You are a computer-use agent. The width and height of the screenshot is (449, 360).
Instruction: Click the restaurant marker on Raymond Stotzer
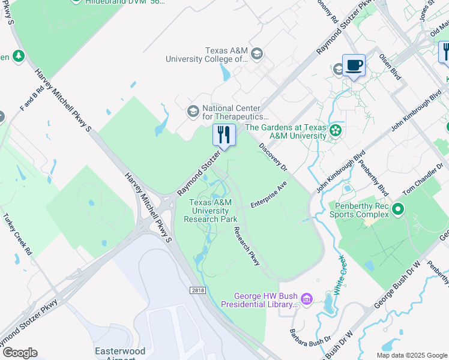[x=224, y=135]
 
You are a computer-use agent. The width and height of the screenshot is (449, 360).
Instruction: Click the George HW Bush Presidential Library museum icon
[x=307, y=299]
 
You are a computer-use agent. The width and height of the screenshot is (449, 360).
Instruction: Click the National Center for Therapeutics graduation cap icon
[x=193, y=111]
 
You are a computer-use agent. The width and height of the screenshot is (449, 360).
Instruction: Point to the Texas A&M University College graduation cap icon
[x=257, y=55]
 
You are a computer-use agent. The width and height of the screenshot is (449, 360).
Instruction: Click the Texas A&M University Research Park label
[x=210, y=211]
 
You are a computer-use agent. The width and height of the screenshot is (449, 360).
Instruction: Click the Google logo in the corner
[x=19, y=353]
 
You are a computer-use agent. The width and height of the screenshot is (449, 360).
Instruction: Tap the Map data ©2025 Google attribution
[x=411, y=355]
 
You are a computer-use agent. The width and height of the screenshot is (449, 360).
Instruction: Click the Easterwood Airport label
[x=115, y=354]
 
